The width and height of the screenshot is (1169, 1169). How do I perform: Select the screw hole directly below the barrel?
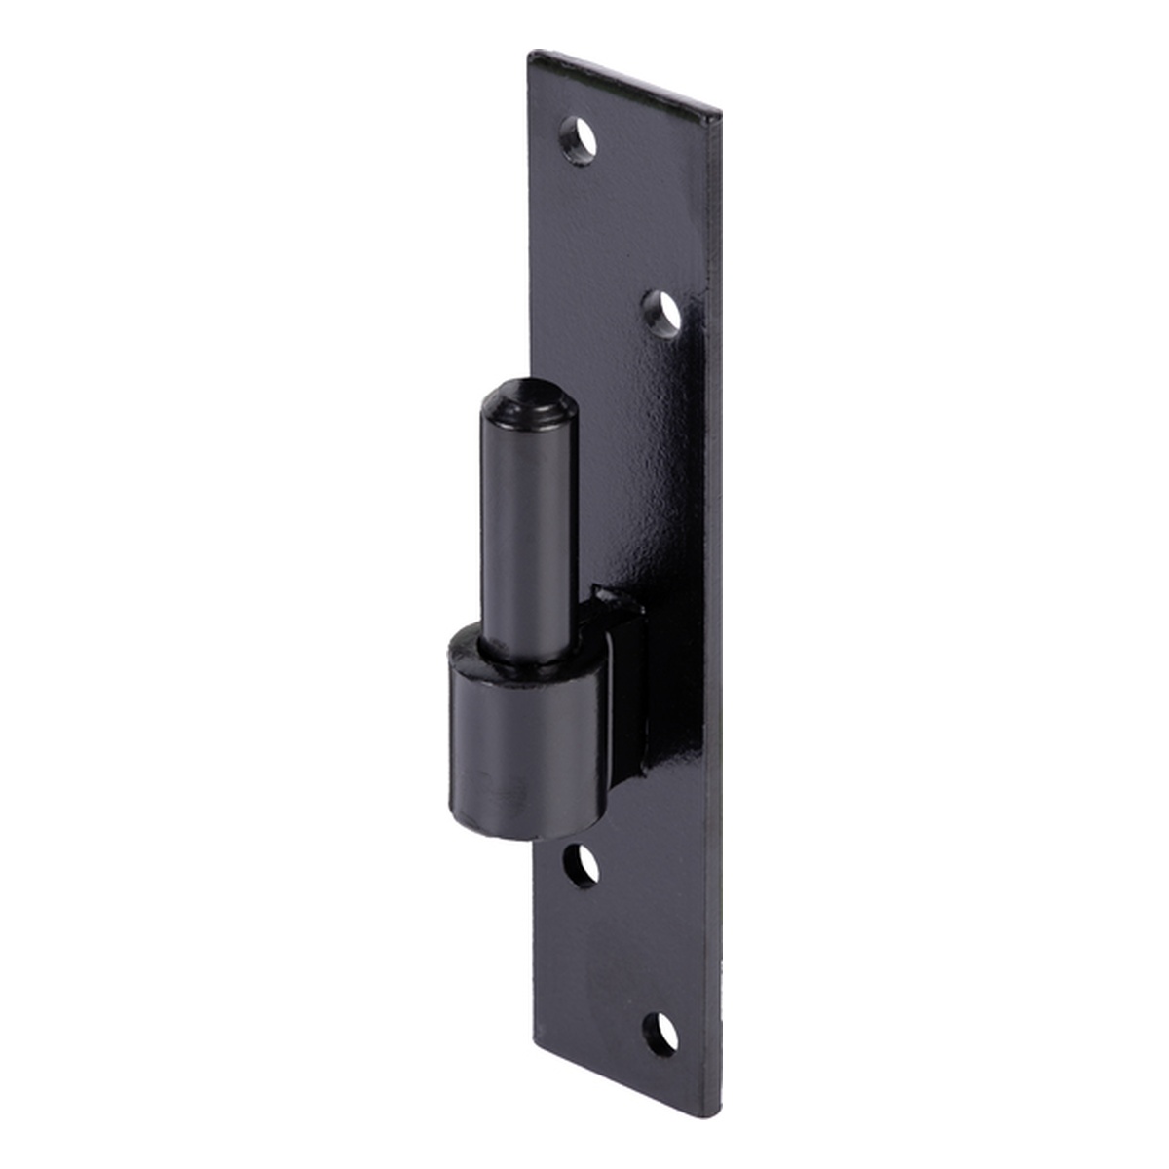point(582,864)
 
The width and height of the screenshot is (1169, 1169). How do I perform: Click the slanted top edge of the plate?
point(623,82)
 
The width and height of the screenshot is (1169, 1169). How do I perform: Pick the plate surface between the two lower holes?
point(623,960)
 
